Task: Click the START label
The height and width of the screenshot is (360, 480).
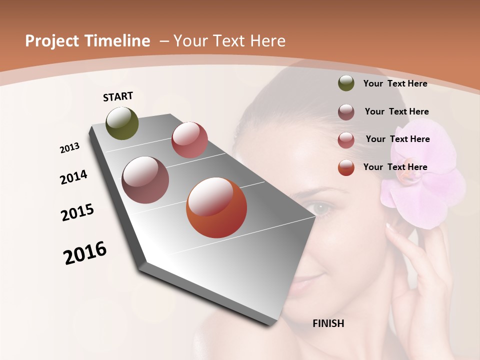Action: pos(118,96)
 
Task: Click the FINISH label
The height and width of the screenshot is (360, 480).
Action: pos(328,323)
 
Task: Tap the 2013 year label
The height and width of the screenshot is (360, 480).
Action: pos(69,148)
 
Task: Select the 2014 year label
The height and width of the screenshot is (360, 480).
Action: pos(73,177)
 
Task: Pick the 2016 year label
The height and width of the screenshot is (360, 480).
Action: pos(85,253)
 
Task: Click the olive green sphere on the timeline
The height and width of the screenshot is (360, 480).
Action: pos(122,123)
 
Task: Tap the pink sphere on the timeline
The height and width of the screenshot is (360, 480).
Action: pos(189,139)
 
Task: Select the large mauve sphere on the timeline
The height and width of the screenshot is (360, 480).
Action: pos(145,180)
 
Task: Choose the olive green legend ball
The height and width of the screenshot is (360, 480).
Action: pos(346,83)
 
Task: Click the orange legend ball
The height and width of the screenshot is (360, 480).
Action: pos(346,167)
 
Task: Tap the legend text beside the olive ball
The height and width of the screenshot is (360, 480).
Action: pos(395,83)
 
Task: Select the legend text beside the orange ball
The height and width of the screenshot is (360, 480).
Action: pos(395,167)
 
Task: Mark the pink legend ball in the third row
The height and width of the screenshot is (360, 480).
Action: pos(346,140)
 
